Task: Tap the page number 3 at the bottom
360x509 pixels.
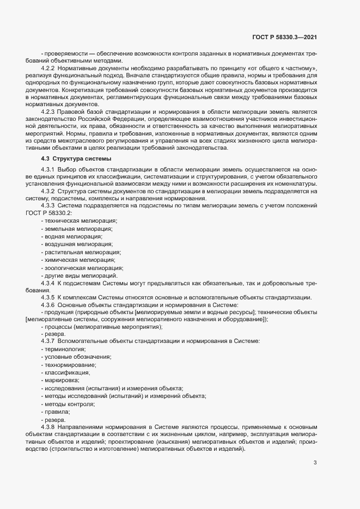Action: (x=315, y=463)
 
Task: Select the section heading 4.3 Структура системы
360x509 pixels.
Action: (x=76, y=158)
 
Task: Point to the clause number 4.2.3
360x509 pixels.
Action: (x=49, y=111)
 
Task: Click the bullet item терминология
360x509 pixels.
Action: (x=64, y=348)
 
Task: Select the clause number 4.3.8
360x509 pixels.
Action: (x=49, y=427)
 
